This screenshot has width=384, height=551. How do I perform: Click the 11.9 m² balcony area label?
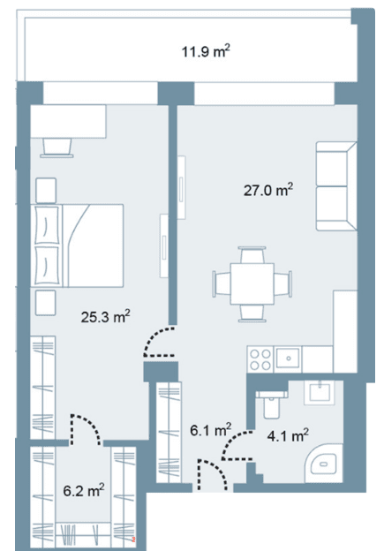point(206,51)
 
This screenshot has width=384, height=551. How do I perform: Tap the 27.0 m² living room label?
point(268,190)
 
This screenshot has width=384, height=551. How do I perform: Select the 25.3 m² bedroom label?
point(105,317)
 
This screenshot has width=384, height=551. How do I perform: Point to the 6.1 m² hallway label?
point(210,430)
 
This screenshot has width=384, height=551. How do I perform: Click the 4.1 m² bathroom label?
point(288,436)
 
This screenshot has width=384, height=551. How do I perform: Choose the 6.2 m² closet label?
point(84,490)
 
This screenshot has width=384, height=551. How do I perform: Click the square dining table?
point(252,284)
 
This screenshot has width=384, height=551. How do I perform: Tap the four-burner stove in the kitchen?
point(260,359)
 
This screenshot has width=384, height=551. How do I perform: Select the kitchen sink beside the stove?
point(288,359)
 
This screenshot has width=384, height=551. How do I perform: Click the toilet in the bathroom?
point(272,404)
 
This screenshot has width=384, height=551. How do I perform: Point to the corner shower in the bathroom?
point(323,464)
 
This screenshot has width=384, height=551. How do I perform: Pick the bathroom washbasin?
point(320,393)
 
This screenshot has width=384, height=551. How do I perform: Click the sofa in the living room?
point(336,186)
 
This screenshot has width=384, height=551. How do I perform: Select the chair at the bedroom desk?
point(56,147)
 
